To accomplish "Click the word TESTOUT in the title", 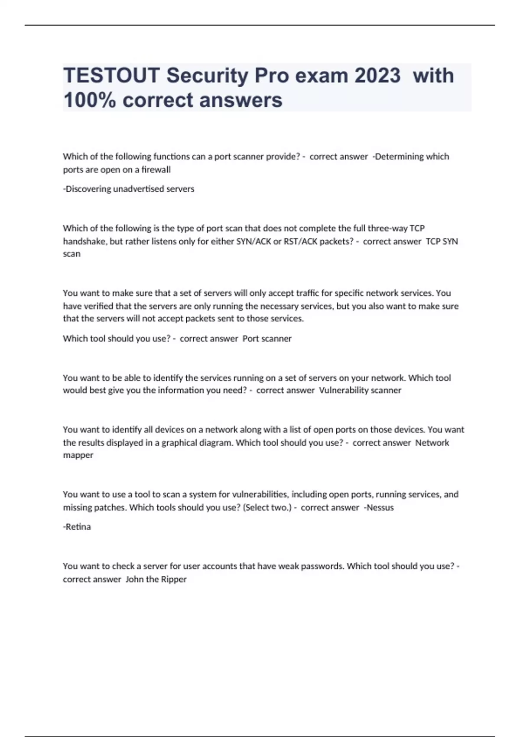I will (x=111, y=76).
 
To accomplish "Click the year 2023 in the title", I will (x=377, y=76).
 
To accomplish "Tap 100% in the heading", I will (x=90, y=100).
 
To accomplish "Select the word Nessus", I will (x=380, y=507).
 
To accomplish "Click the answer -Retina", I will (x=77, y=527).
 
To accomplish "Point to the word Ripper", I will (x=173, y=579).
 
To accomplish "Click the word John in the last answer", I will (x=134, y=579).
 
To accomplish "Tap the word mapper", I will (x=78, y=455).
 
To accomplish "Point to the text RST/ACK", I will (x=300, y=241).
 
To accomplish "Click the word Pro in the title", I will (x=271, y=76).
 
